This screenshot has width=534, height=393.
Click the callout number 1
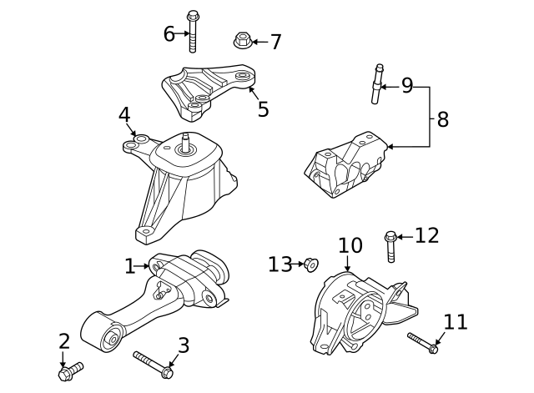(129, 266)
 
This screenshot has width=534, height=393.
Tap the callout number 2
(64, 341)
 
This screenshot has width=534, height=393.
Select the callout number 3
(184, 345)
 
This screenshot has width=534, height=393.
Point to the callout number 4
(124, 113)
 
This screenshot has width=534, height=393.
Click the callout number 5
(263, 109)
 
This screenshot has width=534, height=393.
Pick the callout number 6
(169, 33)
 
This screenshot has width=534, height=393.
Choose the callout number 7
(275, 41)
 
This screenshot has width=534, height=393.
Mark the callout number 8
(442, 119)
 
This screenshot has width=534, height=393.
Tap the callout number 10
(350, 246)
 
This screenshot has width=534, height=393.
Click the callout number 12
(426, 236)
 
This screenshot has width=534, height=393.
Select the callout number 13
(280, 265)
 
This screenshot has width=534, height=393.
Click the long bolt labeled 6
(194, 33)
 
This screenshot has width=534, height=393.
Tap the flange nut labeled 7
(243, 40)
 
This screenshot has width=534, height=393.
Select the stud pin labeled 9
(378, 83)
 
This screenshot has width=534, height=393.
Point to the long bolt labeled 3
(153, 363)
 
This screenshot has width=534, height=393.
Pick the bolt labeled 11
(422, 343)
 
